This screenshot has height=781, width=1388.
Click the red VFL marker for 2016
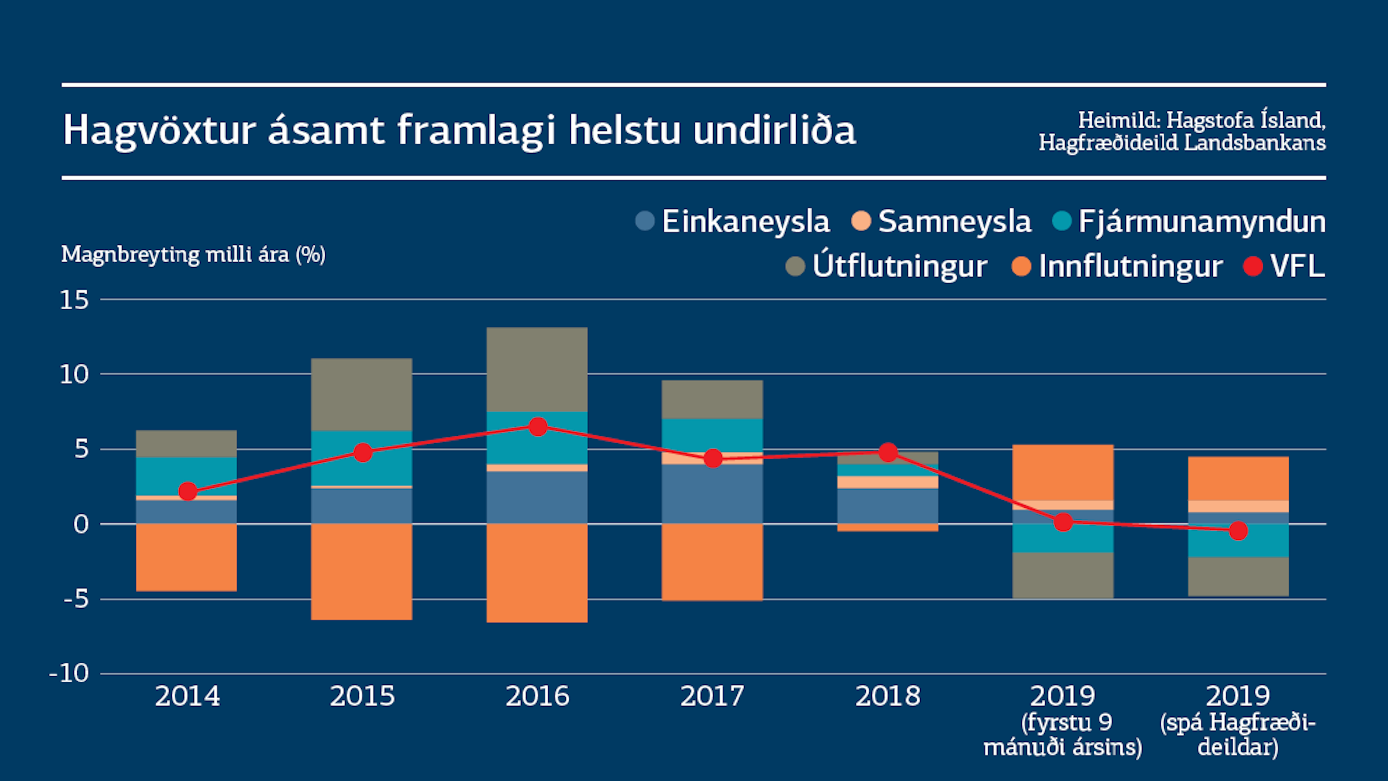coord(538,427)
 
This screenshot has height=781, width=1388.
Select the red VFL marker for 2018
coord(888,452)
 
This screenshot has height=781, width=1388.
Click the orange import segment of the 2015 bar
coord(361,571)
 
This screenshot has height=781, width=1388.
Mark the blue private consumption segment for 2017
coord(712,494)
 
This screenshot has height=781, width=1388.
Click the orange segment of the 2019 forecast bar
coord(1238,479)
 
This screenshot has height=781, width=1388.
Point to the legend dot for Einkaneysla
coord(644,221)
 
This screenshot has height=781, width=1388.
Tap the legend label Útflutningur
coord(899,266)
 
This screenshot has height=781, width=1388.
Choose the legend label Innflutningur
coord(1130,266)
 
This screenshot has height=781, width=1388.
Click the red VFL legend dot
coord(1253,266)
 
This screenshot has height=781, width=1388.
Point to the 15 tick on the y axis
coord(74,300)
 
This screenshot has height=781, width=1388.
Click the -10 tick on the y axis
coord(69,673)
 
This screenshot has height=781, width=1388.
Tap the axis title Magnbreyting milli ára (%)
coord(193,255)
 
